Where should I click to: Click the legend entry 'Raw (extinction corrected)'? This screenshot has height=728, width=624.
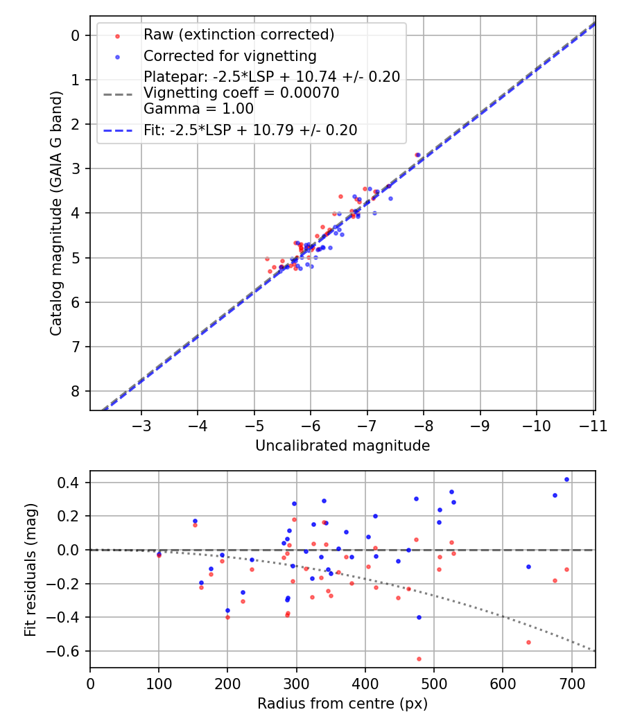[x=239, y=35]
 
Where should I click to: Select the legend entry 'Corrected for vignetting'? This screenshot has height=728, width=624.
[x=229, y=56]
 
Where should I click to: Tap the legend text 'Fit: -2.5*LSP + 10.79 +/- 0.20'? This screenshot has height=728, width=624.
[x=250, y=130]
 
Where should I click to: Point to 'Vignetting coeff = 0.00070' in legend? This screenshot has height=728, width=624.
[x=241, y=93]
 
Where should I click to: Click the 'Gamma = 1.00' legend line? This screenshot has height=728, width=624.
[x=198, y=109]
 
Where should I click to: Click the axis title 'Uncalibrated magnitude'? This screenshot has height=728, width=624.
[x=343, y=446]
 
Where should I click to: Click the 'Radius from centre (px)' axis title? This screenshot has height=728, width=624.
[x=343, y=704]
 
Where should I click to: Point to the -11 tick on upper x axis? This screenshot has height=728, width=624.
[x=593, y=425]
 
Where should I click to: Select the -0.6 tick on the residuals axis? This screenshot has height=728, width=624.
[x=69, y=651]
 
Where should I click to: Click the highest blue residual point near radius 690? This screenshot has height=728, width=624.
[x=566, y=479]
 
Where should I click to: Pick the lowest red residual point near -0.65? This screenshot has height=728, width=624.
[x=419, y=659]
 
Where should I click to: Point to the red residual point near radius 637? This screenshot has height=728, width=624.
[x=528, y=642]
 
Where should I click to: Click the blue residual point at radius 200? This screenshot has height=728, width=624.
[x=227, y=610]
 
